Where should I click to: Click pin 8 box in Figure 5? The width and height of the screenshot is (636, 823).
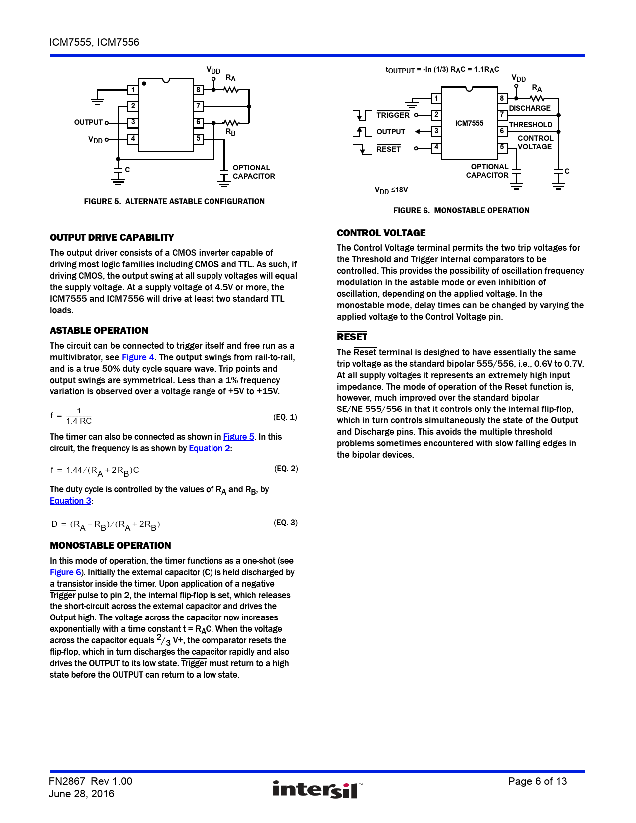point(199,90)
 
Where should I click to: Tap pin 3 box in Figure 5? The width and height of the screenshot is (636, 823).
point(133,122)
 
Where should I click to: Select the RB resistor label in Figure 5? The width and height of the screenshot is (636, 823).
point(230,132)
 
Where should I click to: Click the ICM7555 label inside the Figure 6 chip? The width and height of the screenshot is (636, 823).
point(469,123)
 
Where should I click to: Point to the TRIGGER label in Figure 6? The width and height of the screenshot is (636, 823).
point(393,115)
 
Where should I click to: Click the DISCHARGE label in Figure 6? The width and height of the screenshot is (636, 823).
point(529,108)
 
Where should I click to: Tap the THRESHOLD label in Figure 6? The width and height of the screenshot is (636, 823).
point(530,125)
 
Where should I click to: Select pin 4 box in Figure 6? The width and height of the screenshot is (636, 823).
point(436,148)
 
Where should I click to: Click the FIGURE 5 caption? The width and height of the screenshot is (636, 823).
point(174,201)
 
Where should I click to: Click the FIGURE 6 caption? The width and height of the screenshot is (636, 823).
point(461,210)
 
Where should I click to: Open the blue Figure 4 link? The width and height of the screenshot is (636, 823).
point(138,357)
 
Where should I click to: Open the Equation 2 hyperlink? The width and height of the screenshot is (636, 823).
point(210,448)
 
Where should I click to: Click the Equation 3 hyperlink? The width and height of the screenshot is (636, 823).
point(70,501)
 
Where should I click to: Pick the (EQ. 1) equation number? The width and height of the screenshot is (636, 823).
point(285,417)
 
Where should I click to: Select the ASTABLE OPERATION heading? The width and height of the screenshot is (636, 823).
point(99,330)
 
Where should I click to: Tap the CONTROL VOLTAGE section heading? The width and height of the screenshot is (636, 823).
point(381,233)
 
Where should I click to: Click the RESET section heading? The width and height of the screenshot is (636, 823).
point(352,337)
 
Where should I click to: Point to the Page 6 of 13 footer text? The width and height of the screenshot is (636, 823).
point(537,781)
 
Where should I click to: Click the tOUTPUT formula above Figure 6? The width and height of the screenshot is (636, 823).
point(442,70)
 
